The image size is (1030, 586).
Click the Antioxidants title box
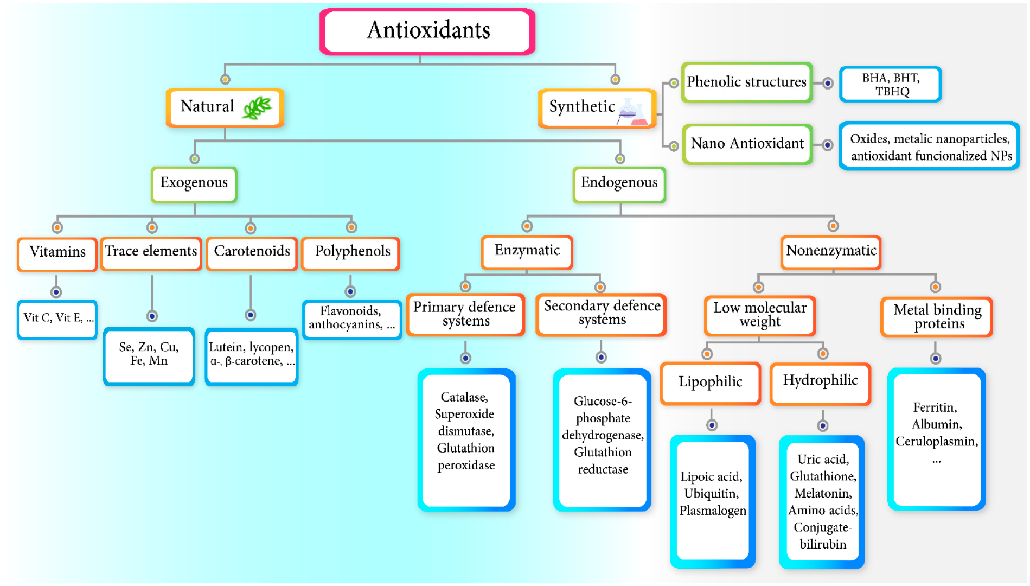click(x=427, y=31)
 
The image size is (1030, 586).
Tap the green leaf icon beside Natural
click(x=257, y=107)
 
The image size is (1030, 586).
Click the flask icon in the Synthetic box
click(x=632, y=112)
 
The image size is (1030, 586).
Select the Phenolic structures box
click(x=746, y=82)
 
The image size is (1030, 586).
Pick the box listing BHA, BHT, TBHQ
click(x=890, y=85)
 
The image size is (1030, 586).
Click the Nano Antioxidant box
click(x=747, y=144)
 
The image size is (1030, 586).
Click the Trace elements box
click(x=151, y=252)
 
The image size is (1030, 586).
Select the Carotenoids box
click(x=252, y=252)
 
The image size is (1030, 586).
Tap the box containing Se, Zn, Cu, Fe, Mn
click(x=149, y=355)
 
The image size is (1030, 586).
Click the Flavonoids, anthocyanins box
click(x=351, y=319)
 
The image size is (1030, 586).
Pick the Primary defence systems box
click(x=465, y=315)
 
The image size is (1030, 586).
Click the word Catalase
click(x=464, y=397)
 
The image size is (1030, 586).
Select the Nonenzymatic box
click(x=830, y=252)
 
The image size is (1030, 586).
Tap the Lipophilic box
click(x=710, y=383)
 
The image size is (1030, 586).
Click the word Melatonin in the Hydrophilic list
click(x=823, y=494)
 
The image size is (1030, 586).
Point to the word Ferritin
click(x=935, y=407)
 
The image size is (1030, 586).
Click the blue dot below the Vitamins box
click(x=56, y=292)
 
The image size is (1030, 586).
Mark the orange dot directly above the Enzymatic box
click(x=527, y=226)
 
